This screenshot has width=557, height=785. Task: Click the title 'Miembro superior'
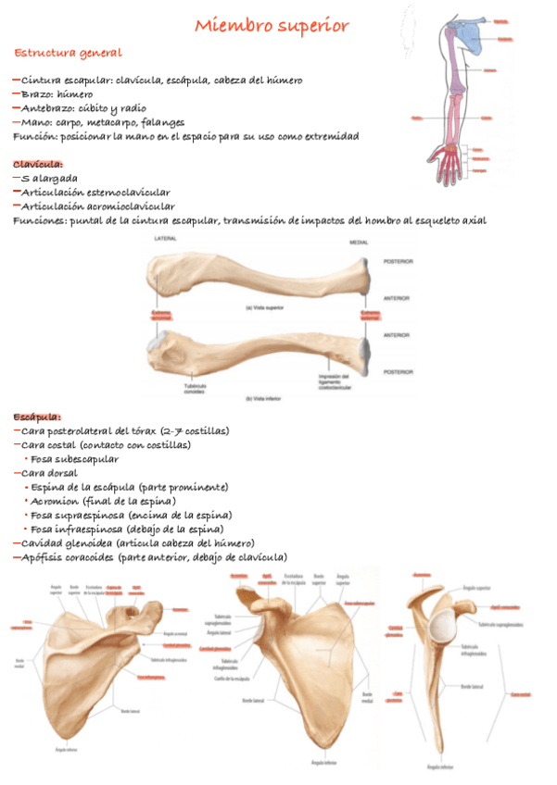271,26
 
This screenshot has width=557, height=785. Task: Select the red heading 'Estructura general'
68,53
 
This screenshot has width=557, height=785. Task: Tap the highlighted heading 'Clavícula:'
38,164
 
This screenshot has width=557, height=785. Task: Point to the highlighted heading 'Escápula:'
37,417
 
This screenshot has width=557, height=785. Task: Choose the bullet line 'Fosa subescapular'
74,459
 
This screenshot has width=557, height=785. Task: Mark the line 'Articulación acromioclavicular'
98,206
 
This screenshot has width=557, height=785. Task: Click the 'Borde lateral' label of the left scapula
130,710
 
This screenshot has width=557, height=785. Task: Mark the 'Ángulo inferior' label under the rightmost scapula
438,766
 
